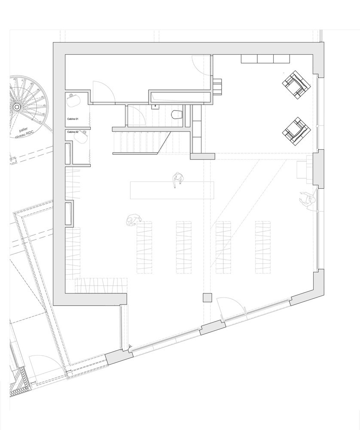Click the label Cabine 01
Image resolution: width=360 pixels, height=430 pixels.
point(72,118)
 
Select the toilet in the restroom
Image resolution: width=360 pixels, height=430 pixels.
point(176,114)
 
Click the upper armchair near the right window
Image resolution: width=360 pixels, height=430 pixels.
point(296,83)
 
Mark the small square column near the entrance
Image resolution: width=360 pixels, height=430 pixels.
point(207,298)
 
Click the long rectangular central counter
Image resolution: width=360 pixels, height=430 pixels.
point(172,190)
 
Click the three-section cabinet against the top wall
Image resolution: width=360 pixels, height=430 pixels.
point(265,59)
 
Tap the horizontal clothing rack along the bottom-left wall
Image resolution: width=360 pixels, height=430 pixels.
point(102,285)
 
